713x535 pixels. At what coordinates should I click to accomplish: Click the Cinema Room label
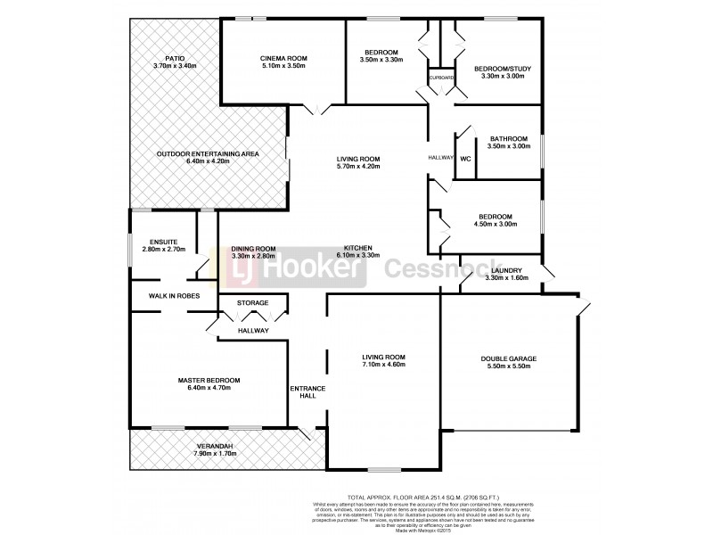[283, 57]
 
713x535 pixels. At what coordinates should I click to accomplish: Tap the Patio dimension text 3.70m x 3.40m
[175, 66]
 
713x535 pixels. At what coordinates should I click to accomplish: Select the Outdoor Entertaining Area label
[208, 153]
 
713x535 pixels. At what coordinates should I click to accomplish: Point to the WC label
[465, 160]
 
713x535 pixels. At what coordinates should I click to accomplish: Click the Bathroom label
[508, 138]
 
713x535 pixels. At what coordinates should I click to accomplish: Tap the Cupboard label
[442, 78]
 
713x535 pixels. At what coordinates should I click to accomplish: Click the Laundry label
[504, 270]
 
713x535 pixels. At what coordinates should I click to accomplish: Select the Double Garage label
[510, 358]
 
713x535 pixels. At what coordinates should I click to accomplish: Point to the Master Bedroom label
[207, 381]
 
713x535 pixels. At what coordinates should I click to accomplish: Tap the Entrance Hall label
[307, 391]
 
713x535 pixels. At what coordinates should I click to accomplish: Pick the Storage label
[253, 303]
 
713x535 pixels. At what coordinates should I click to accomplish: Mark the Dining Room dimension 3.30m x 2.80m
[253, 257]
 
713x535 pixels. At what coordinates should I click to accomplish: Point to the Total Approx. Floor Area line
[441, 498]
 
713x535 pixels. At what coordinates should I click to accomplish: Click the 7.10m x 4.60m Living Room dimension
[383, 365]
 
